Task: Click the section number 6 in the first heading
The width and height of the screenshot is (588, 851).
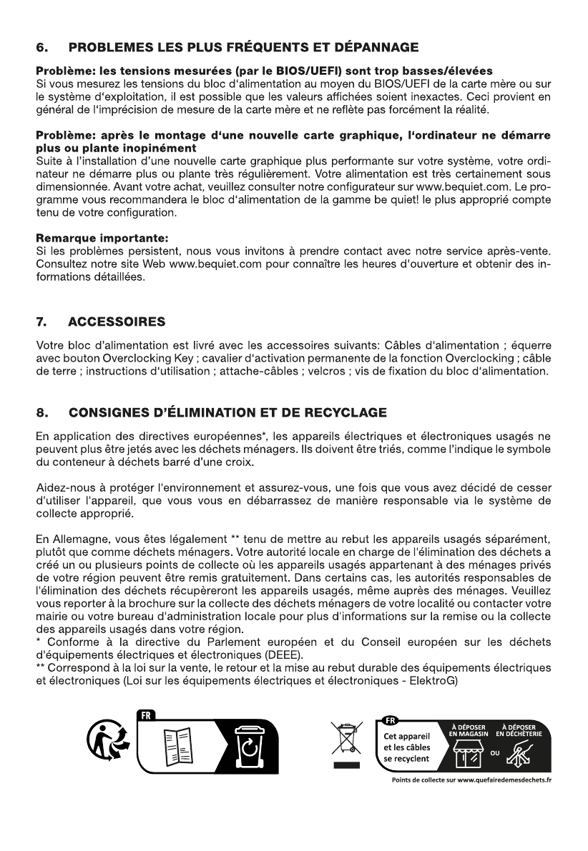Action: tap(41, 48)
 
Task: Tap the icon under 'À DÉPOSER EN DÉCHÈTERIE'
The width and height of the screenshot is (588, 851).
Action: tap(526, 752)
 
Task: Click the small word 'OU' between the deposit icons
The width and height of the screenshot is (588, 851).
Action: tap(496, 752)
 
